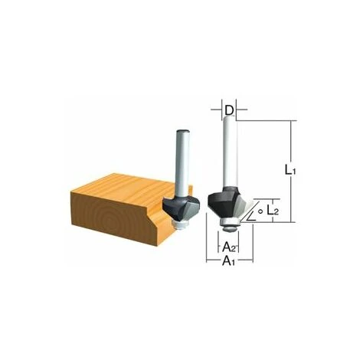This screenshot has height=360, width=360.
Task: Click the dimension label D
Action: coord(230,110)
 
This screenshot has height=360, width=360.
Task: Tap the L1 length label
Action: coord(290,170)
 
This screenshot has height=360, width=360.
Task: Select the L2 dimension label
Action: coord(272,211)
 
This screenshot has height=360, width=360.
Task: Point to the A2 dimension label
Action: coord(230,247)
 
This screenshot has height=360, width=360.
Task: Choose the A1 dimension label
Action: coord(228,261)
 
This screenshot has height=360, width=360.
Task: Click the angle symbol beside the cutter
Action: coord(252,217)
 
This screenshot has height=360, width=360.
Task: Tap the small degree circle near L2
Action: coord(260,211)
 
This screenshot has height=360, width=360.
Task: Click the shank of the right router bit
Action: coord(230,152)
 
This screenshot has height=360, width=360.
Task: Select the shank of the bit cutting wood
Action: coord(182,164)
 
